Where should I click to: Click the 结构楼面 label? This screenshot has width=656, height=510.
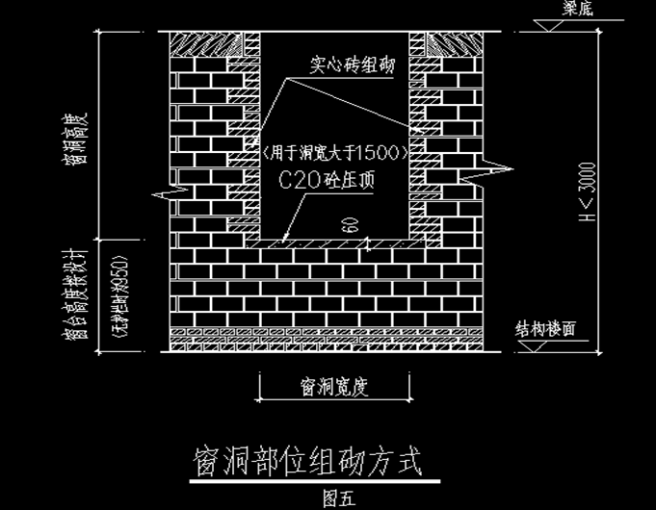tap(546, 328)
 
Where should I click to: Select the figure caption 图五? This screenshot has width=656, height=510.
tap(339, 497)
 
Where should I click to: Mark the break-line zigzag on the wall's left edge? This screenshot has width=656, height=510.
tap(168, 192)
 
